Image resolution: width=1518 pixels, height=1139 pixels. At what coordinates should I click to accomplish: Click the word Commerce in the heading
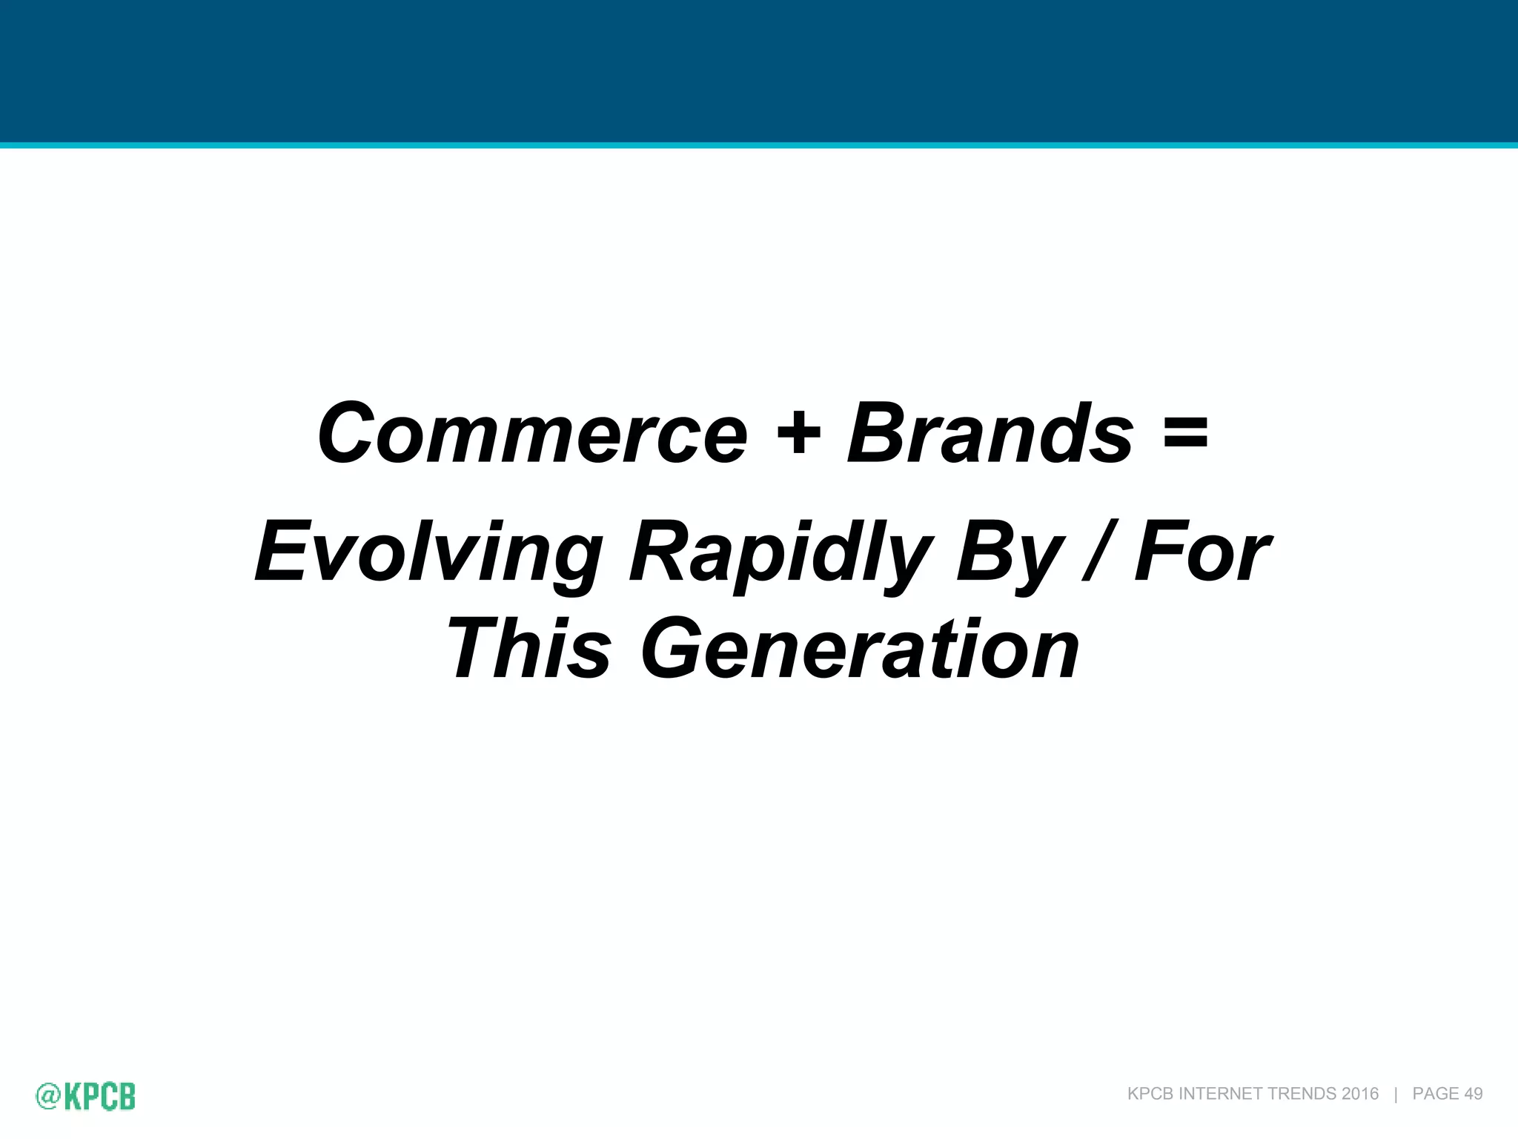532,435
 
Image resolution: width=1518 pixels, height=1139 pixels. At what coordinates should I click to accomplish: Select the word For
1202,552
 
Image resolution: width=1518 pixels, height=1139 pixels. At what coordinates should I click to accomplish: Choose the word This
529,650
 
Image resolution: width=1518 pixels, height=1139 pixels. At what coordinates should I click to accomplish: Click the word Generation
860,650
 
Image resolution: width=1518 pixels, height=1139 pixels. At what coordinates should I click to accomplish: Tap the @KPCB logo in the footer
86,1096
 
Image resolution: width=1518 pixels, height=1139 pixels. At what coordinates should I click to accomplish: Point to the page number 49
1474,1094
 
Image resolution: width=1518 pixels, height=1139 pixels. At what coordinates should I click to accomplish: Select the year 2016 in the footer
1359,1094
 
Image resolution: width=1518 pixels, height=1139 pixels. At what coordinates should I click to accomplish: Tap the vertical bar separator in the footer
1396,1094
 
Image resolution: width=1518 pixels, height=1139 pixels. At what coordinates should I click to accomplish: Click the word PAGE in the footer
1436,1094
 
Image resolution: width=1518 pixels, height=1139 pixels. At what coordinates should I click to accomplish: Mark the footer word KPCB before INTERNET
1150,1094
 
